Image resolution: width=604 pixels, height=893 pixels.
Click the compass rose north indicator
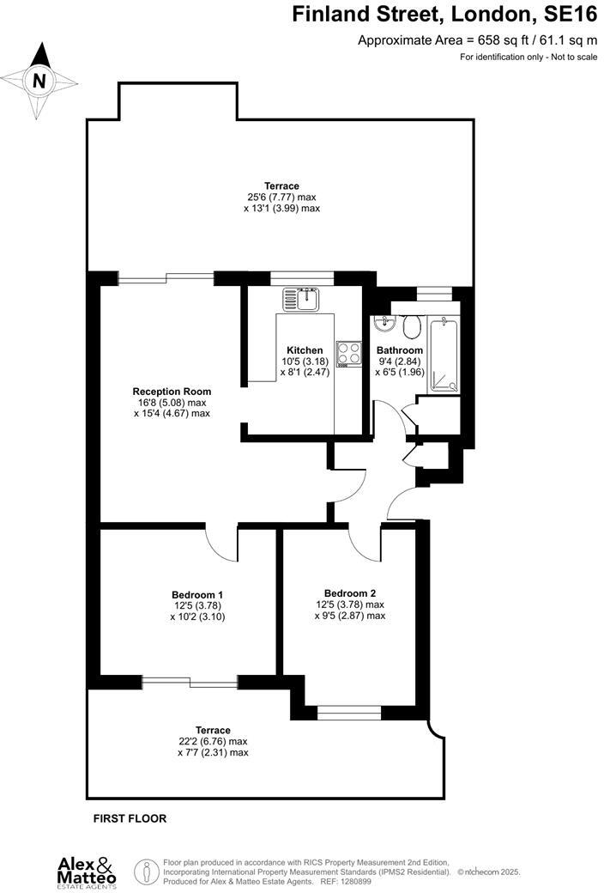point(38,81)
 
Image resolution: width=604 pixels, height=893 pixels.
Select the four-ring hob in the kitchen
point(347,353)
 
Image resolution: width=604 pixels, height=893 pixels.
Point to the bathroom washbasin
point(384,325)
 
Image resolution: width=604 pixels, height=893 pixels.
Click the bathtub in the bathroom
point(443,355)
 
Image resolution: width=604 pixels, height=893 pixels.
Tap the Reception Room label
point(172,392)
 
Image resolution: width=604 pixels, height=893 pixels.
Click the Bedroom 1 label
point(197,594)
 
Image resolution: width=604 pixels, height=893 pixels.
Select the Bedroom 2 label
point(350,592)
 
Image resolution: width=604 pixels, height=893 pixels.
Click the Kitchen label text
point(305,350)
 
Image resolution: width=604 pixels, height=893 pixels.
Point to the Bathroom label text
point(400,350)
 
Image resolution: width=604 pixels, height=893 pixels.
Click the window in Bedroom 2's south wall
point(349,712)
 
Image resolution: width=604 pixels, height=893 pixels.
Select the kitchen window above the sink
point(302,277)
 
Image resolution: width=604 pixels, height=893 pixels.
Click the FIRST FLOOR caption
point(130,819)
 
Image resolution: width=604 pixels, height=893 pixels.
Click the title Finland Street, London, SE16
point(444,15)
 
